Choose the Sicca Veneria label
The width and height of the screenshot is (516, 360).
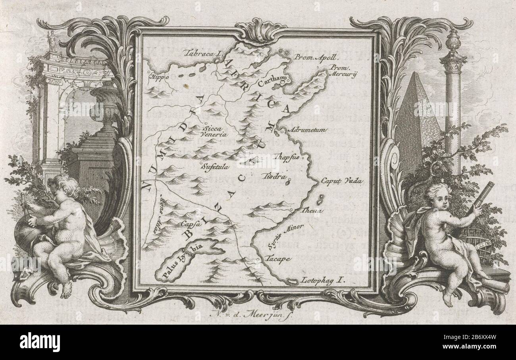point(215,131)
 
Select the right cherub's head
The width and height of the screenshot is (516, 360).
point(437,197)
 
